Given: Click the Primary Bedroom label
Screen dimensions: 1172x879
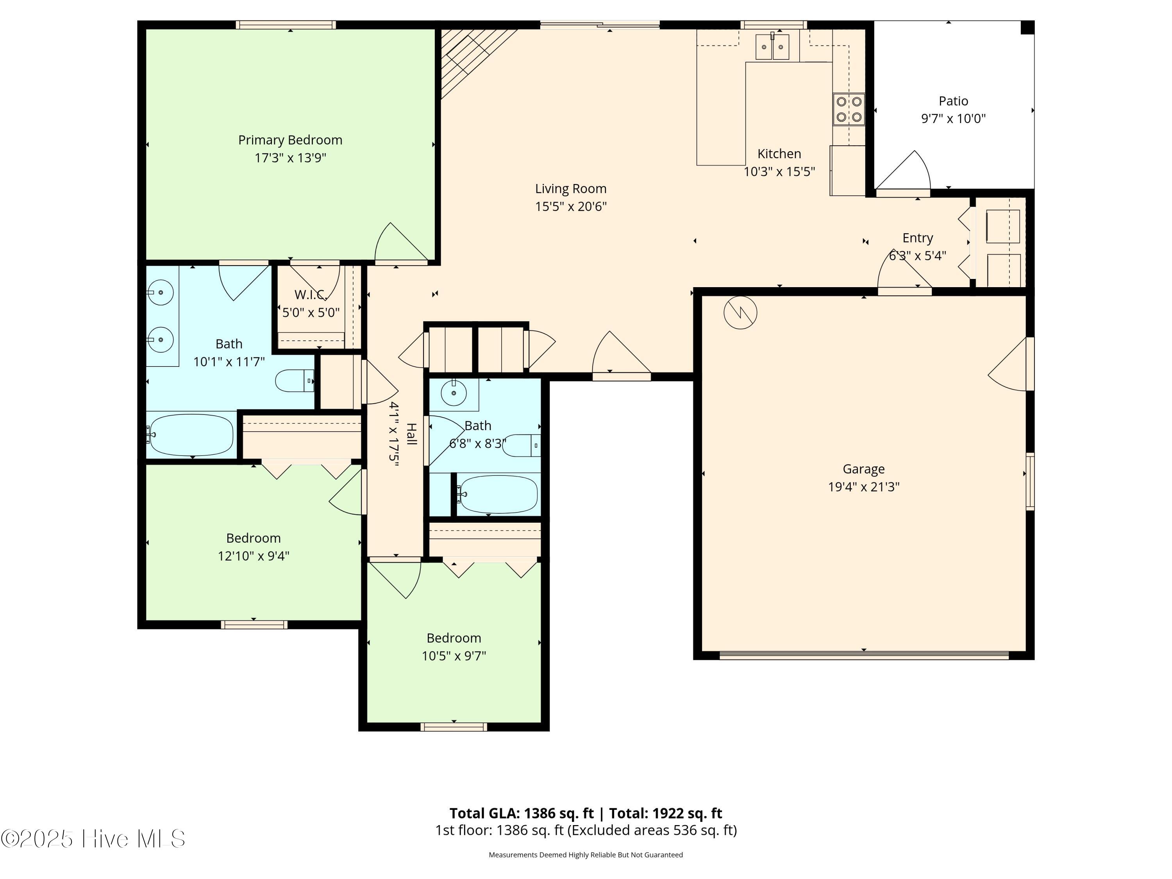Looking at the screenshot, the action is (290, 140).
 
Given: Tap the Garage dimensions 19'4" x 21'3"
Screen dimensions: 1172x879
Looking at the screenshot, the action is (864, 486).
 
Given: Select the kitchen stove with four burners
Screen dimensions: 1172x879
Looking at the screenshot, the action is (849, 109).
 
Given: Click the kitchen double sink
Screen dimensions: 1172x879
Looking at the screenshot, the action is (772, 46).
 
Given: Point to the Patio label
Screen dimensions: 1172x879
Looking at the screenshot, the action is (953, 101).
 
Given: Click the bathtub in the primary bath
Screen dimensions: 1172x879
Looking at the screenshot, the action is (190, 434).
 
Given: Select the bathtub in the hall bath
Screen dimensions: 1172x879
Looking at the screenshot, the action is (497, 494).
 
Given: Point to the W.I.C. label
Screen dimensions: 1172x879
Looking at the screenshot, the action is (311, 295).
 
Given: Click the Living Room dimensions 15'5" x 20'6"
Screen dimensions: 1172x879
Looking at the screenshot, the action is (571, 206).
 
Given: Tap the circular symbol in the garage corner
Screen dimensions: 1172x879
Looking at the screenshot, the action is (740, 313).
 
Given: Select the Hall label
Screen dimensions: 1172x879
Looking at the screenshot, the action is (411, 434).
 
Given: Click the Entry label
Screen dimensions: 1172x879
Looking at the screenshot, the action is (918, 238).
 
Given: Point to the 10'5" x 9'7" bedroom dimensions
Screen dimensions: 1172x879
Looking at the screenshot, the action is (454, 656).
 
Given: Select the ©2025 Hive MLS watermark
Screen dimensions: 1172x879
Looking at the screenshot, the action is (93, 838).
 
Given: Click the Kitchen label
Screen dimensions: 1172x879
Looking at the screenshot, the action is (779, 154).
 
